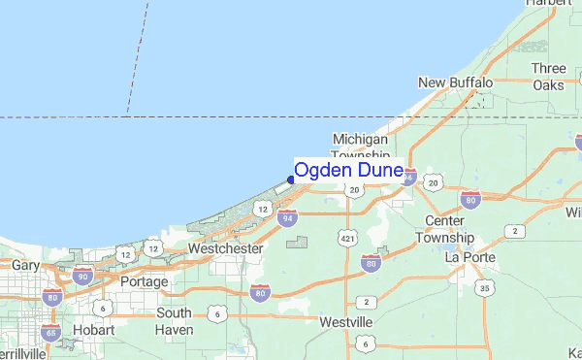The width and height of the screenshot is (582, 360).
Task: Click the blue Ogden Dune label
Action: [348, 171]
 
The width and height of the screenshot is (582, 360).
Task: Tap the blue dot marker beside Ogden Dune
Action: [291, 180]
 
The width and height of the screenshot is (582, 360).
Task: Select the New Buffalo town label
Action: [455, 83]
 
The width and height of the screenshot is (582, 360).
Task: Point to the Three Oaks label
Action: [549, 77]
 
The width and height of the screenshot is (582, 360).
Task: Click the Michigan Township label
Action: [360, 147]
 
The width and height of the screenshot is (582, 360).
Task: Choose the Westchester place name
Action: [225, 248]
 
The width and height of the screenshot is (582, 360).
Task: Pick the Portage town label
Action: [144, 281]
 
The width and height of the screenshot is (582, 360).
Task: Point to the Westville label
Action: [346, 321]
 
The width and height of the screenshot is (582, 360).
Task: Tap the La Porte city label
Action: [470, 257]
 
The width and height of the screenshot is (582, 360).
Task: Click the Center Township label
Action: [444, 230]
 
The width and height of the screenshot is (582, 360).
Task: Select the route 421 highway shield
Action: [346, 236]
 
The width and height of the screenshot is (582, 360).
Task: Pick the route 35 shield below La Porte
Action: [484, 288]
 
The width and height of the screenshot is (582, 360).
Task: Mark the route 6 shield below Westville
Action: [363, 344]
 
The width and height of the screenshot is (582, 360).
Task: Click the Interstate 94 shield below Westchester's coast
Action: [287, 219]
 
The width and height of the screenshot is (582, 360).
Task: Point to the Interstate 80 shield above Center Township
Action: [469, 201]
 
